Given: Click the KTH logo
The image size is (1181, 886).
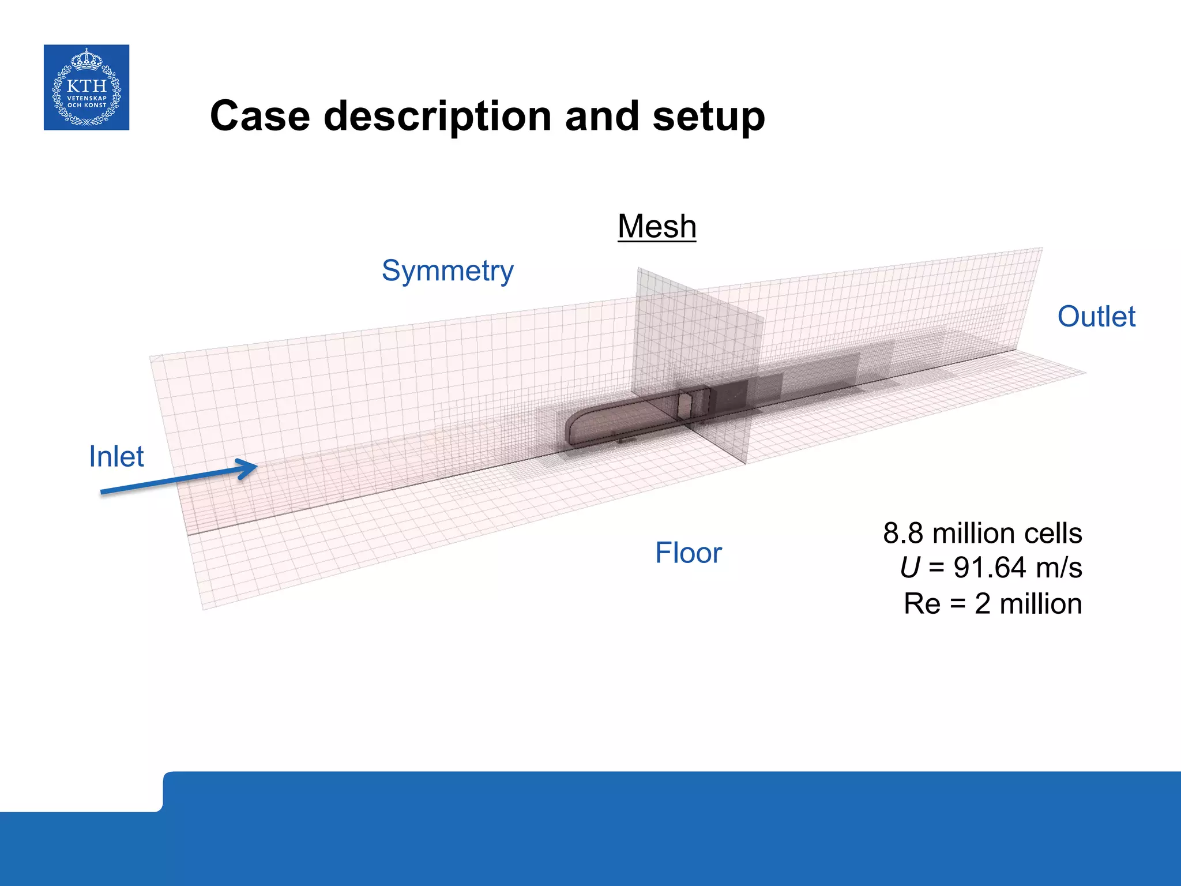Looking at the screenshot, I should pos(86,87).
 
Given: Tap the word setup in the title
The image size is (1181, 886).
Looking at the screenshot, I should pos(709,117).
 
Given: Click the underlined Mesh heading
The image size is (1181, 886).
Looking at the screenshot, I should pos(657,226).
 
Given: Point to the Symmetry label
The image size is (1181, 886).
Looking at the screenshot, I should pos(447,271).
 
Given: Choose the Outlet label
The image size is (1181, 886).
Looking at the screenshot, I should pos(1096,317).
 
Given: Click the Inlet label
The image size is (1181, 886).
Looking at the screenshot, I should pos(116,456).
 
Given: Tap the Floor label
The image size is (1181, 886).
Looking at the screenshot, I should pos(689,553).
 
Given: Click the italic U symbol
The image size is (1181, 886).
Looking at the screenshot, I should pos(910,568).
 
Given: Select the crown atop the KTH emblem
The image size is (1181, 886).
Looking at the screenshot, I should pos(86,59).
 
